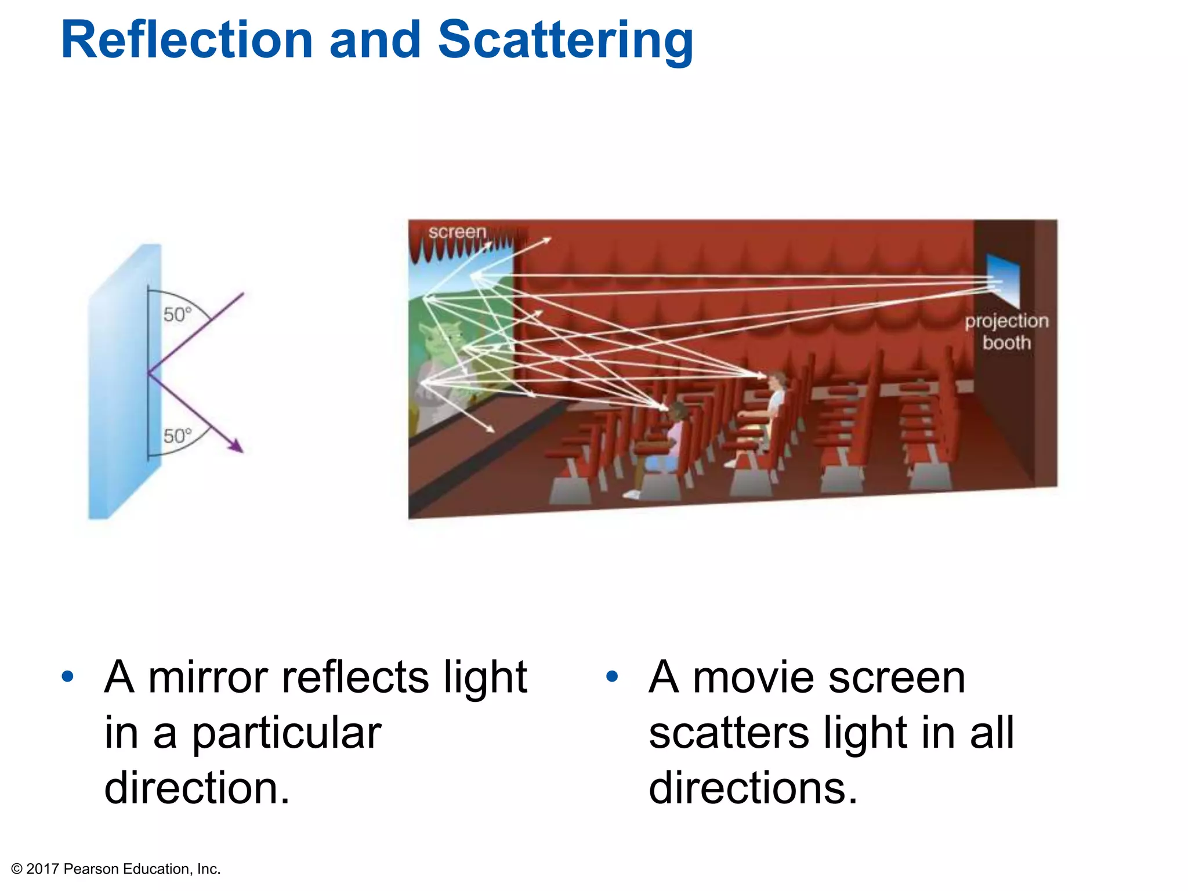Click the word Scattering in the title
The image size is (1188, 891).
pyautogui.click(x=565, y=41)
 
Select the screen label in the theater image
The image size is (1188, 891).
pyautogui.click(x=457, y=231)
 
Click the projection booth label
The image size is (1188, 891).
pyautogui.click(x=1006, y=331)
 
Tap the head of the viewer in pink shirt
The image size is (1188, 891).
pyautogui.click(x=677, y=412)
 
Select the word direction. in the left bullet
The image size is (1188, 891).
pyautogui.click(x=197, y=788)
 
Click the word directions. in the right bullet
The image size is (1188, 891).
pyautogui.click(x=752, y=788)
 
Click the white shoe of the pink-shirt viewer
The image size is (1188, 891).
pyautogui.click(x=632, y=494)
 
